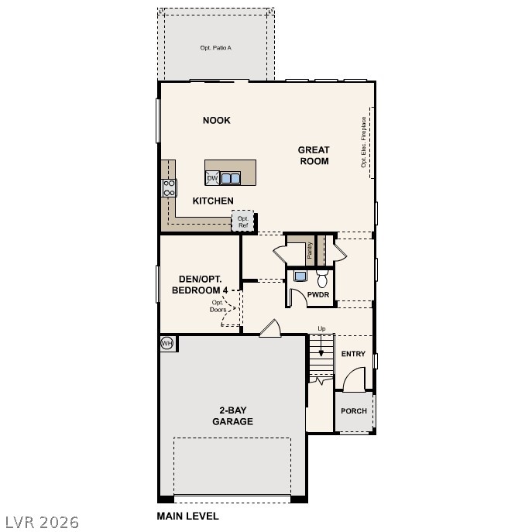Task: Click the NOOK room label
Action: click(x=217, y=120)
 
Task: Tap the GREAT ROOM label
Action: click(x=314, y=156)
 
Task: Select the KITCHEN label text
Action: click(x=213, y=201)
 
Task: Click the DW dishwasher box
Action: click(x=212, y=178)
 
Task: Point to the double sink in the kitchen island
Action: click(x=231, y=178)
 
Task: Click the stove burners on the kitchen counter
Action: click(x=169, y=187)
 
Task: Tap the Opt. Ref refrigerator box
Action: click(x=243, y=221)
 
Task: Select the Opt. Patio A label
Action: click(x=216, y=48)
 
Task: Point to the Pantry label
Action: click(x=309, y=250)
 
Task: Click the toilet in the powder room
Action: click(x=322, y=279)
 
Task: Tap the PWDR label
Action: click(x=318, y=295)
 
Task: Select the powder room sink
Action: click(x=300, y=276)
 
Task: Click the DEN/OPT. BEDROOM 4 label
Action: click(x=200, y=284)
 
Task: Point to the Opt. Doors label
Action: click(x=218, y=306)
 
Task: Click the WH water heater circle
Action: click(x=166, y=343)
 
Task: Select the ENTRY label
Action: click(x=353, y=354)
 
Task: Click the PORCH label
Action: click(x=354, y=411)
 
